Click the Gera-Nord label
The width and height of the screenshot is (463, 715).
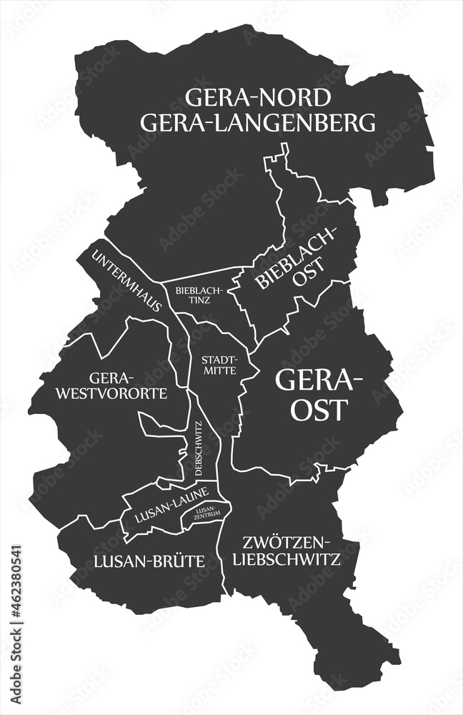pyautogui.click(x=258, y=97)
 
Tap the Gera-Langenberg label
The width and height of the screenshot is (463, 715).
pyautogui.click(x=258, y=123)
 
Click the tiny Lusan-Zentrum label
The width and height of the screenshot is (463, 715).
pyautogui.click(x=207, y=510)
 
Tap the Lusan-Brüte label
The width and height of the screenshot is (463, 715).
pyautogui.click(x=149, y=561)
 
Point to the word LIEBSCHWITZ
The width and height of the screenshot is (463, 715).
pyautogui.click(x=289, y=559)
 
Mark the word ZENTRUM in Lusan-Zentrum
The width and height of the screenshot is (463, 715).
pyautogui.click(x=207, y=513)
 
